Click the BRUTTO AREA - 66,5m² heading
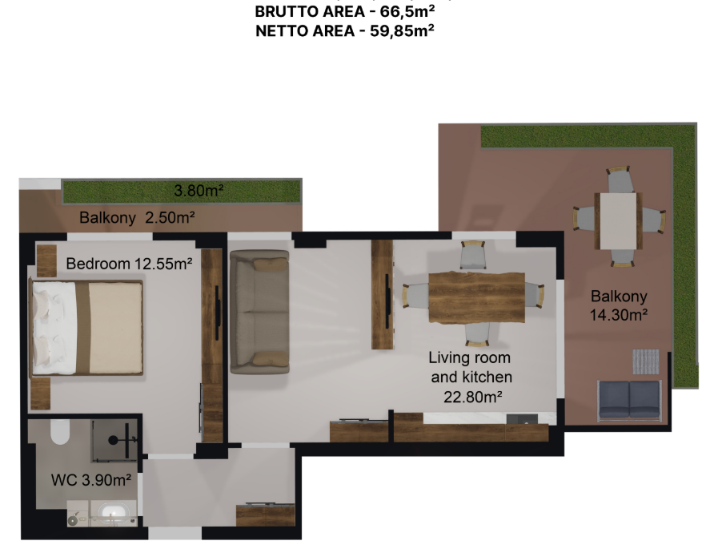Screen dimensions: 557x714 point(344,12)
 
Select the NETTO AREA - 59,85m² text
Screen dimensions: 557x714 point(344,31)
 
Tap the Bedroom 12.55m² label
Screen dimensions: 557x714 point(129,264)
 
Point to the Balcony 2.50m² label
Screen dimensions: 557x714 point(137,217)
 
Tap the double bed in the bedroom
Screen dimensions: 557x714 point(86,327)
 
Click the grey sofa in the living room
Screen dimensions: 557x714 point(259,311)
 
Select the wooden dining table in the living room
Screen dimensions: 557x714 point(475,297)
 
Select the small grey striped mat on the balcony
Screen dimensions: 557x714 point(647,361)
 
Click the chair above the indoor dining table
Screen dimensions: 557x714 point(473,256)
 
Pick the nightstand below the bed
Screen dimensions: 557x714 point(40,393)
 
